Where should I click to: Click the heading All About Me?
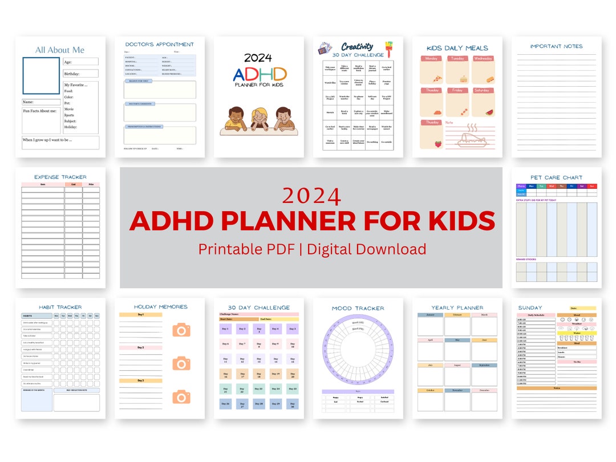pyautogui.click(x=60, y=50)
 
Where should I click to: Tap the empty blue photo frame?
pyautogui.click(x=41, y=75)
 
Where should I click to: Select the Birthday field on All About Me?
pyautogui.click(x=80, y=74)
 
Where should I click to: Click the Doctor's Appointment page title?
pyautogui.click(x=159, y=44)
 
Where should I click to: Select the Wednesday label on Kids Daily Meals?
pyautogui.click(x=483, y=59)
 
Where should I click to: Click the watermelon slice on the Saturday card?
pyautogui.click(x=489, y=113)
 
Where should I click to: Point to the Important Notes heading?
pyautogui.click(x=556, y=46)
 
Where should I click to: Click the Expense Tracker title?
pyautogui.click(x=60, y=177)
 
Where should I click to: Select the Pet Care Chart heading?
pyautogui.click(x=556, y=178)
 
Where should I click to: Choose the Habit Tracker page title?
pyautogui.click(x=60, y=307)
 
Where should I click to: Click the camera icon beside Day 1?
pyautogui.click(x=181, y=330)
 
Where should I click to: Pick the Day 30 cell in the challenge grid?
pyautogui.click(x=292, y=404)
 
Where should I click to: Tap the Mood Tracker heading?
pyautogui.click(x=358, y=309)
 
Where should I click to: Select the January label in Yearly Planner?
pyautogui.click(x=430, y=315)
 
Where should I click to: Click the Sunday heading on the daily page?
pyautogui.click(x=530, y=308)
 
